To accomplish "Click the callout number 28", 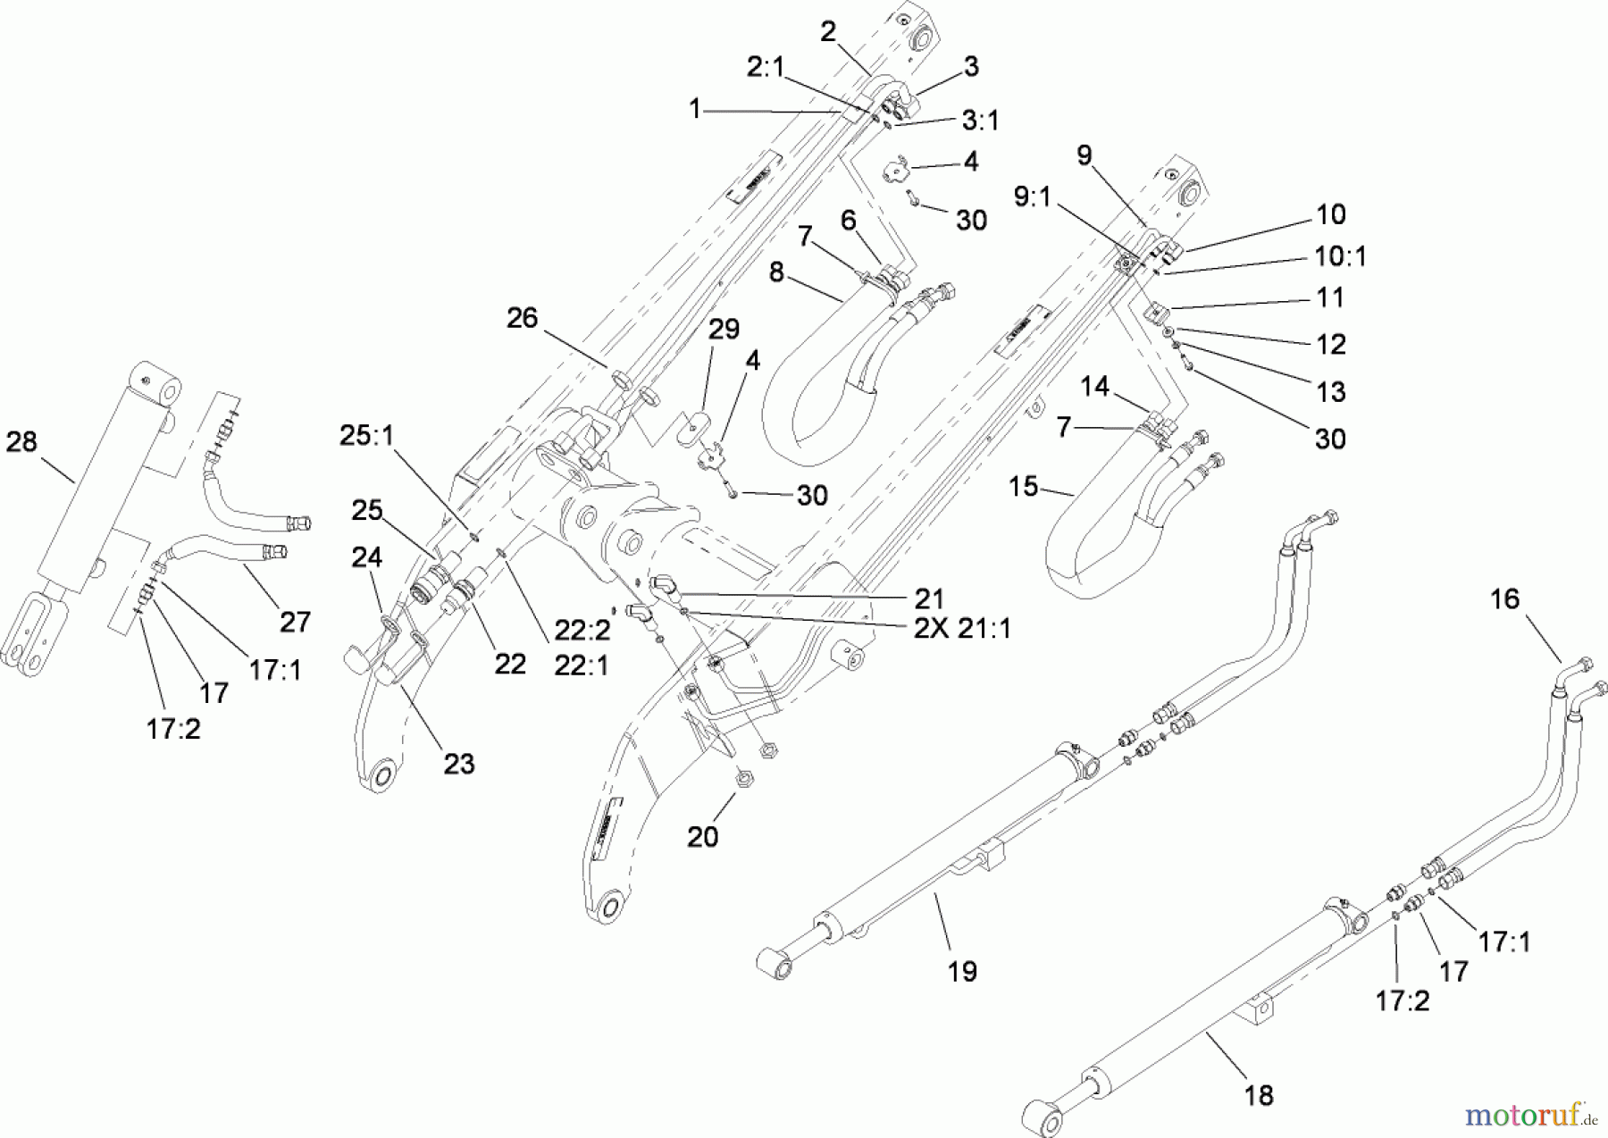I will pyautogui.click(x=22, y=442).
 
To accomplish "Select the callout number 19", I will pyautogui.click(x=962, y=971).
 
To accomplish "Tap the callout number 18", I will pyautogui.click(x=1259, y=1095).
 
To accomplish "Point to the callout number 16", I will pyautogui.click(x=1504, y=598).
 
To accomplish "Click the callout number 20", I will pyautogui.click(x=703, y=837).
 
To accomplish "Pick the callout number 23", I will pyautogui.click(x=459, y=765).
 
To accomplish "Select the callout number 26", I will pyautogui.click(x=523, y=318).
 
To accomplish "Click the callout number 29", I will pyautogui.click(x=724, y=330).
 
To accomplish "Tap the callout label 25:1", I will pyautogui.click(x=366, y=436).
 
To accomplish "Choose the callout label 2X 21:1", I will pyautogui.click(x=962, y=629).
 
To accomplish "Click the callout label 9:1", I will pyautogui.click(x=1033, y=197).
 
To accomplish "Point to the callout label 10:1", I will pyautogui.click(x=1340, y=256).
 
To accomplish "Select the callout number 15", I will pyautogui.click(x=1024, y=487).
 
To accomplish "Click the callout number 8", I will pyautogui.click(x=775, y=272).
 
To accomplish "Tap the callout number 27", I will pyautogui.click(x=296, y=622).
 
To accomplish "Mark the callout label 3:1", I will pyautogui.click(x=980, y=120).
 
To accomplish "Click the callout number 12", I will pyautogui.click(x=1330, y=344).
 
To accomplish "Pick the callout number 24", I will pyautogui.click(x=367, y=557).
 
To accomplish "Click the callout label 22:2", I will pyautogui.click(x=582, y=631).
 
